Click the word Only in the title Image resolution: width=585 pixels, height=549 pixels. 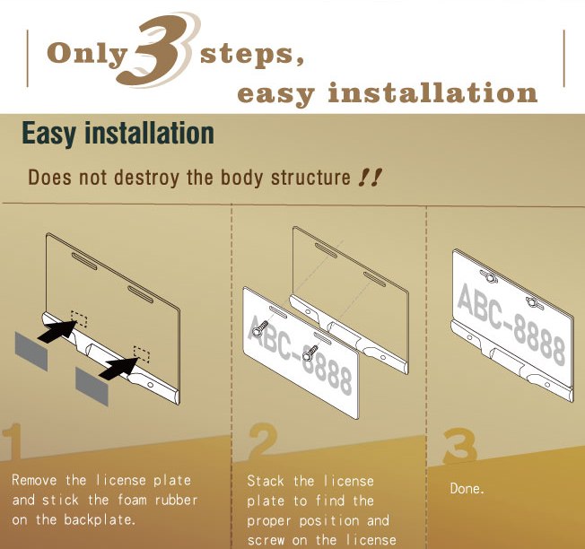88,55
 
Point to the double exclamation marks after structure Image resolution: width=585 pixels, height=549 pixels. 370,178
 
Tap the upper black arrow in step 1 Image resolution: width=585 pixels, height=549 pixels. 57,330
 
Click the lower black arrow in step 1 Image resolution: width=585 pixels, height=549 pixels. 118,368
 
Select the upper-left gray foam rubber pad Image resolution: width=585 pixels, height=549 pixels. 31,351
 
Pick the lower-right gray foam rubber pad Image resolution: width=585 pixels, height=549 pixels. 92,386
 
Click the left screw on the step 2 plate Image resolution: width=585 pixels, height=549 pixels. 260,327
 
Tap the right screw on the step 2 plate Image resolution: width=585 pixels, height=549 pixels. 310,353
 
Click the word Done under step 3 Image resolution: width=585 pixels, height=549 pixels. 467,488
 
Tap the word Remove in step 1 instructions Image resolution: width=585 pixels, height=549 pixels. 34,480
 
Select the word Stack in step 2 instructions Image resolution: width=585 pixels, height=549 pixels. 266,481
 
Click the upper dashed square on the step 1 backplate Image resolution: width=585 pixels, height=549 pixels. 79,318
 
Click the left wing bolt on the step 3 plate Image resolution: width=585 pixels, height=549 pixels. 488,276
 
